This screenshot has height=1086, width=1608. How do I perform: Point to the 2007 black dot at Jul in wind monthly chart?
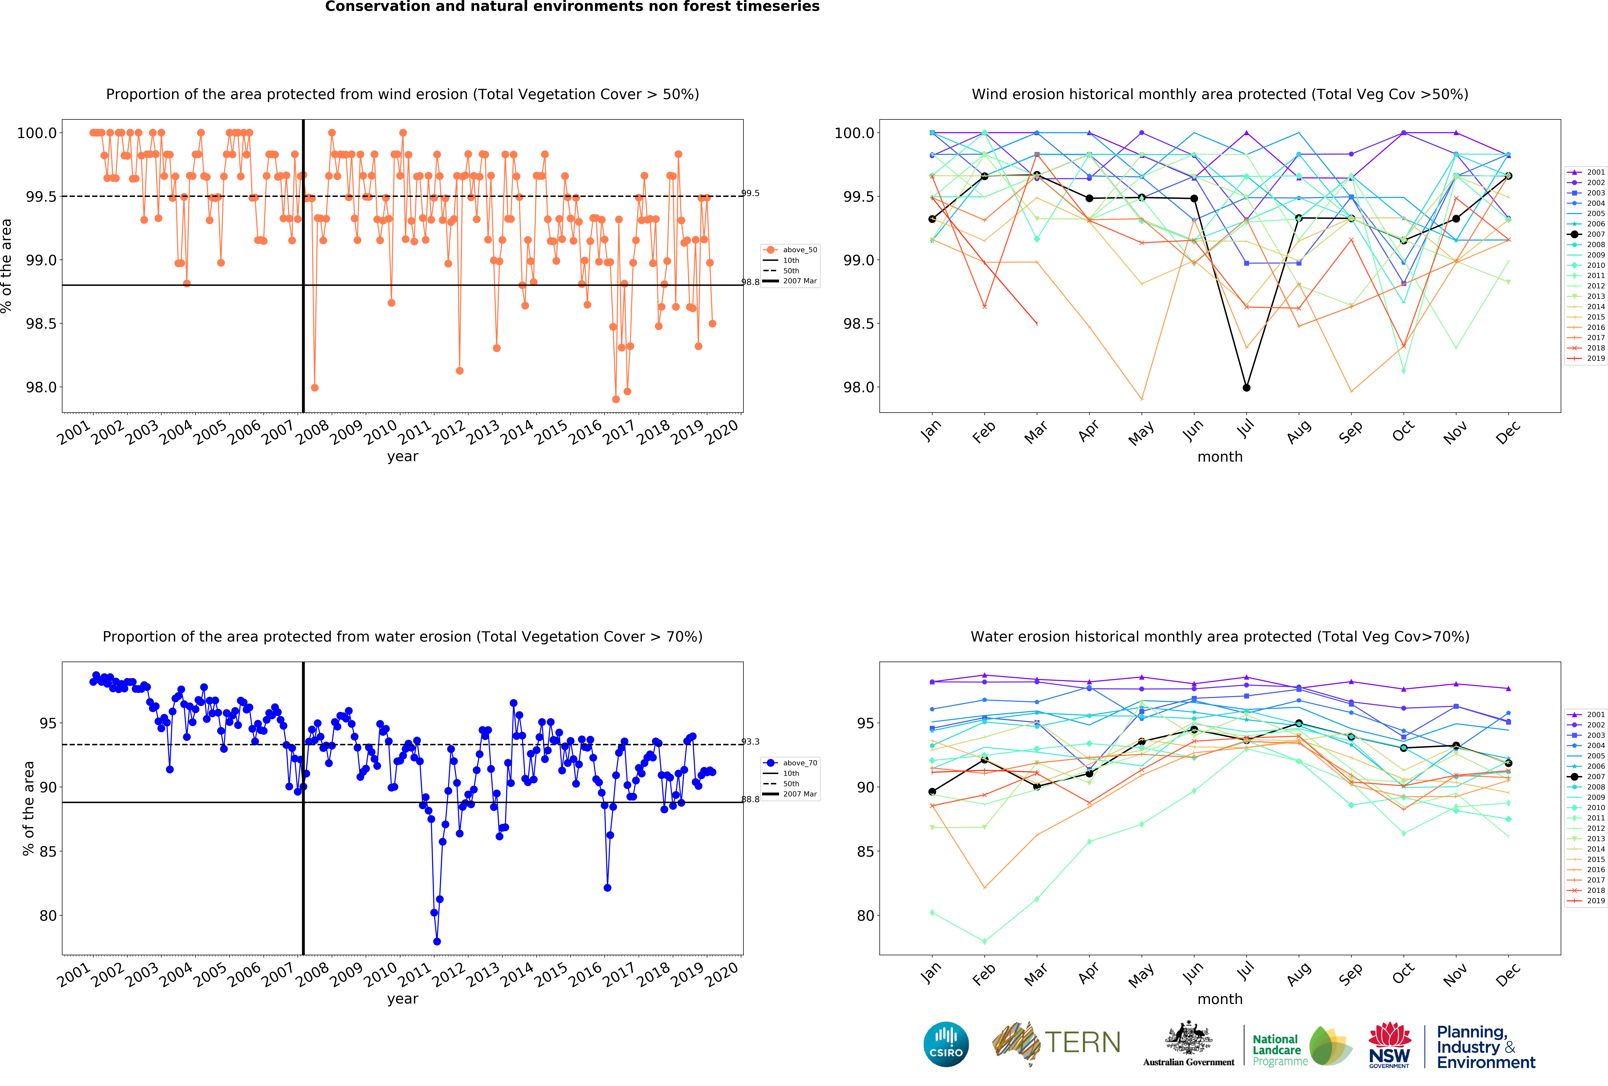tap(1246, 387)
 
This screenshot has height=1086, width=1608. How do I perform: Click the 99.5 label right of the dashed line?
tap(750, 193)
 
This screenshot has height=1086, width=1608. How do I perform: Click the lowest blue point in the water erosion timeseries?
tap(437, 941)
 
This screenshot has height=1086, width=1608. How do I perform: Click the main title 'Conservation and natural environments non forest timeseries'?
tap(572, 7)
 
